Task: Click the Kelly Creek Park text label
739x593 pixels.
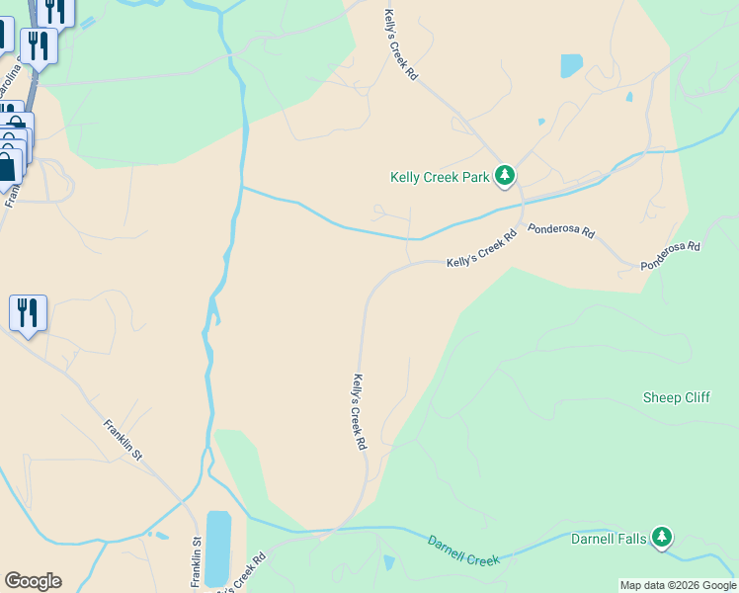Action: (x=441, y=178)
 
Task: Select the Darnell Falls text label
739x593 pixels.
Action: (x=609, y=539)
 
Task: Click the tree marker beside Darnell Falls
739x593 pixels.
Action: (x=662, y=539)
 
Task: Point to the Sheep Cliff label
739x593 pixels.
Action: (x=676, y=397)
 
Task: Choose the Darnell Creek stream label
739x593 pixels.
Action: (x=463, y=551)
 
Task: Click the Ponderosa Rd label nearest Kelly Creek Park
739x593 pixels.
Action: (x=561, y=230)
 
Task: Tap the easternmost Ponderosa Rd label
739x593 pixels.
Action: (x=670, y=255)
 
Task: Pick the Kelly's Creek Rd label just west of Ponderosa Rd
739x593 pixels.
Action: (x=482, y=249)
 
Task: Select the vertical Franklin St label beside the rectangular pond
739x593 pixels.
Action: (x=197, y=558)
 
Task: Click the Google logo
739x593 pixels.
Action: (x=33, y=581)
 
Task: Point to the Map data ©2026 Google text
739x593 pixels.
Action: (x=678, y=585)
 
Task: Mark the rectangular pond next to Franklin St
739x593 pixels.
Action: (x=218, y=549)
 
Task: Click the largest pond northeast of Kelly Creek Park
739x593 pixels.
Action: (x=571, y=66)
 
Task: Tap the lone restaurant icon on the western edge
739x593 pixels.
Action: (x=28, y=313)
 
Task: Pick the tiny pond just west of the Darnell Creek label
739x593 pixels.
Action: (x=388, y=563)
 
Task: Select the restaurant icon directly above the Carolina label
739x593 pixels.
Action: (x=39, y=45)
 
